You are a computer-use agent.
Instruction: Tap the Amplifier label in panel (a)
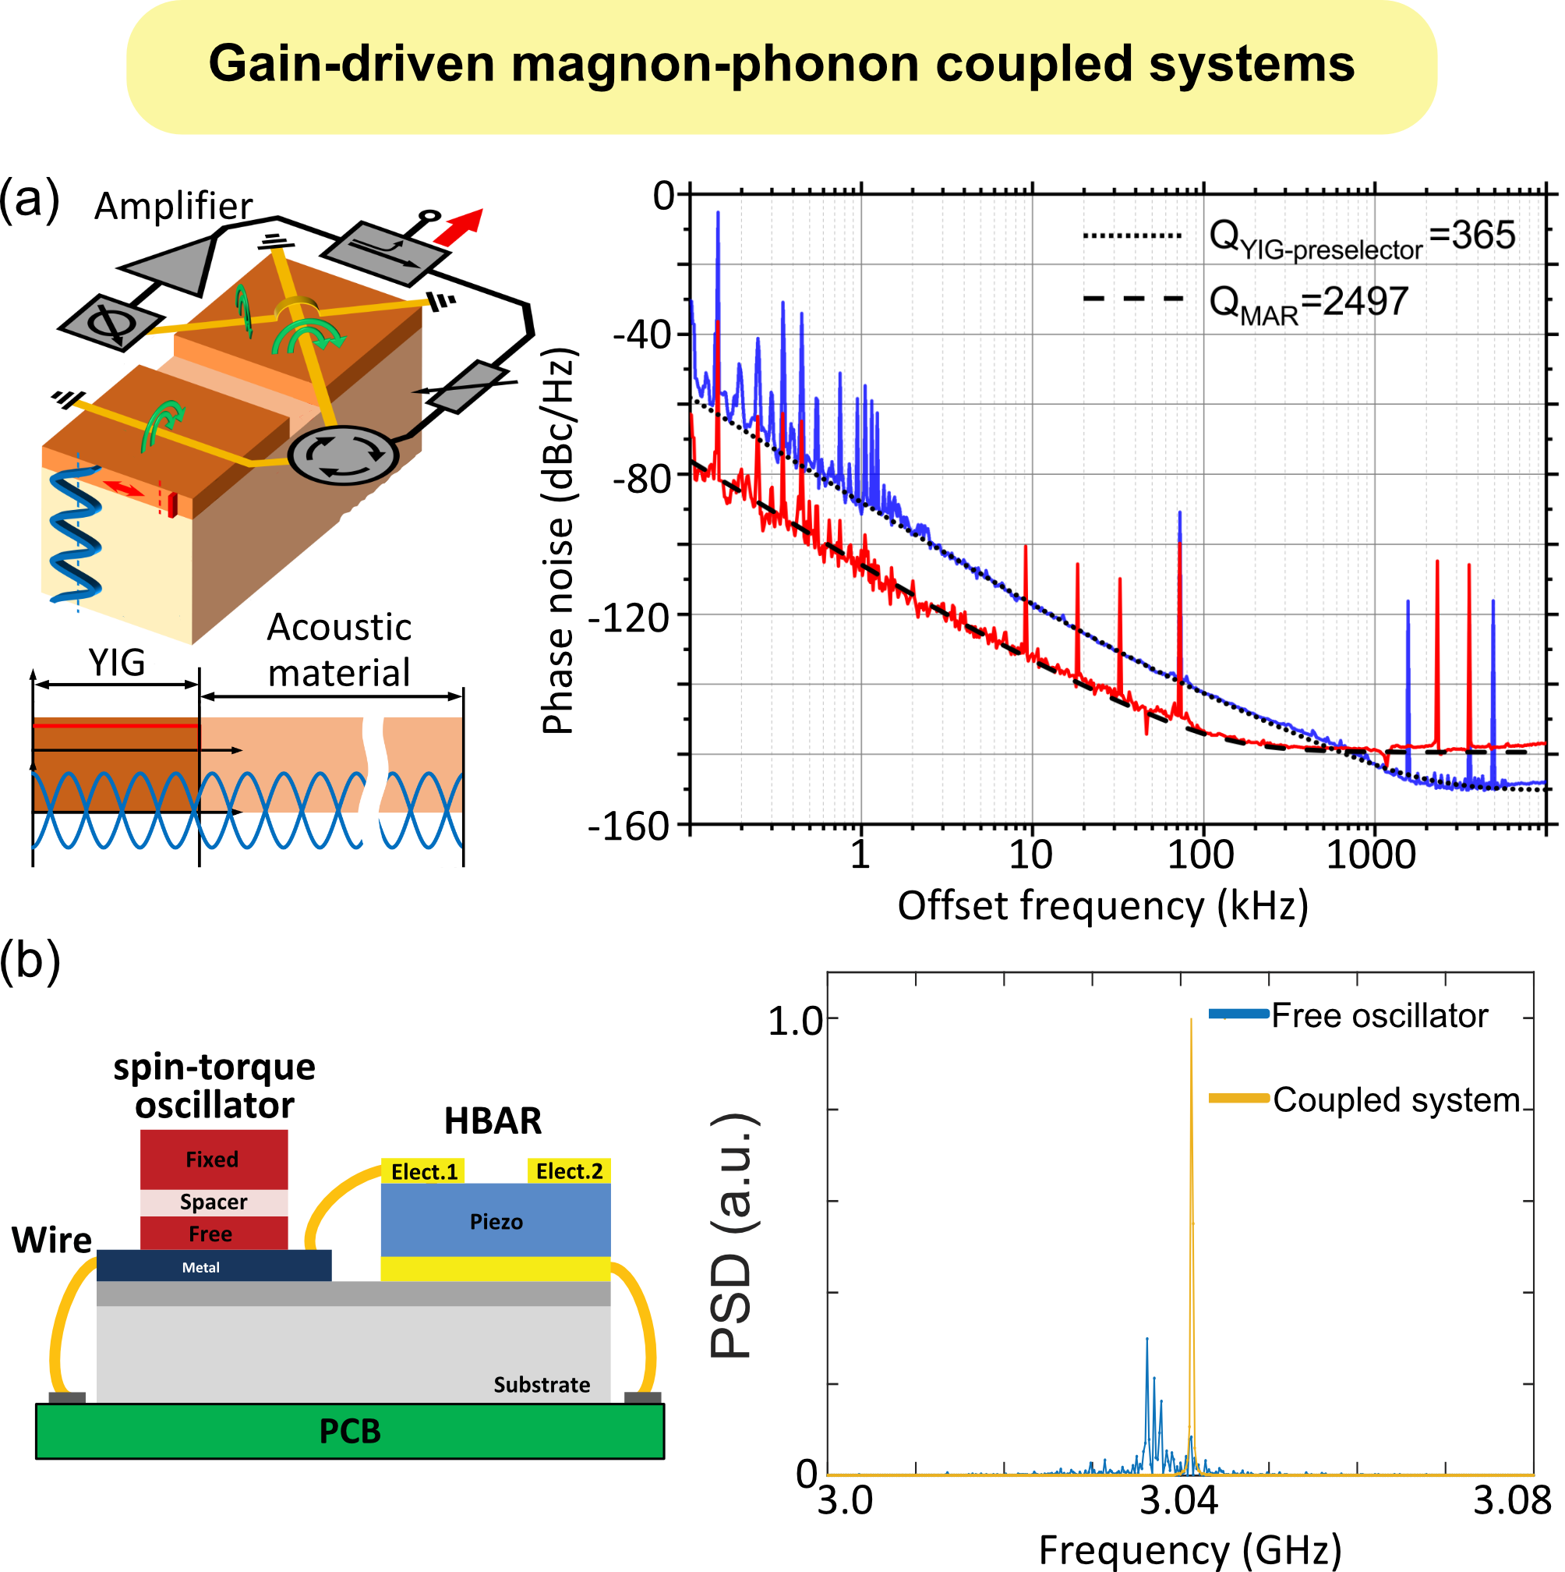(x=173, y=206)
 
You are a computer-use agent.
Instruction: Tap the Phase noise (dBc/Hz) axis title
(x=560, y=541)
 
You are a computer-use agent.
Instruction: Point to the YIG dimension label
(x=117, y=662)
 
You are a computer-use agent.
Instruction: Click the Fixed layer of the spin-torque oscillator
(x=213, y=1159)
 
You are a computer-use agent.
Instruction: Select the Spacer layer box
(x=213, y=1202)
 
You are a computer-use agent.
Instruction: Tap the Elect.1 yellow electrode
(x=423, y=1171)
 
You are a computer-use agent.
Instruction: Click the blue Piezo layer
(x=496, y=1220)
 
